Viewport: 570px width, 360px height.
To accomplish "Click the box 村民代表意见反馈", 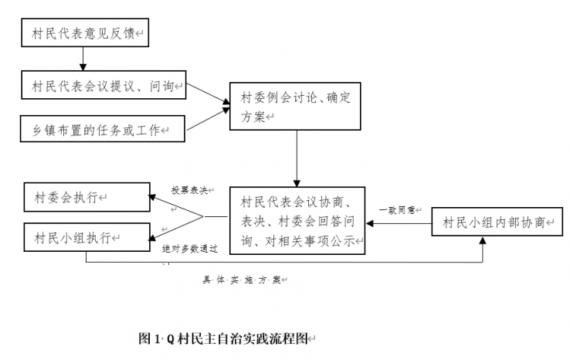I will click(x=83, y=35).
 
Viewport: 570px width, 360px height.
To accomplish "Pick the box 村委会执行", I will click(x=84, y=197).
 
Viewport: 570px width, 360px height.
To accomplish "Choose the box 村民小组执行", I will click(x=84, y=236).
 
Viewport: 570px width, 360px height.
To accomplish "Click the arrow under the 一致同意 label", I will click(x=399, y=223).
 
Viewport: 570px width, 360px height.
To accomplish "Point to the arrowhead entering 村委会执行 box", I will click(x=152, y=198).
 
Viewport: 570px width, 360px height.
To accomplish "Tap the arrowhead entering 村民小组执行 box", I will click(x=152, y=236).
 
